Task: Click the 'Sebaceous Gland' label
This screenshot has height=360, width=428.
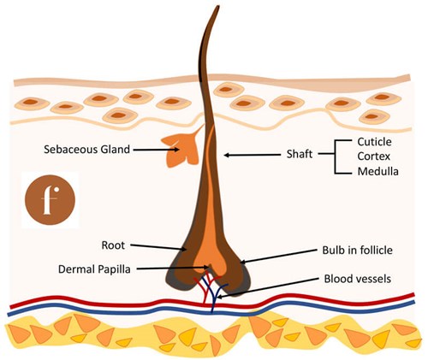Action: [x=86, y=149]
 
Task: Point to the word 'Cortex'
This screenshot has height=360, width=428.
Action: [x=375, y=156]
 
